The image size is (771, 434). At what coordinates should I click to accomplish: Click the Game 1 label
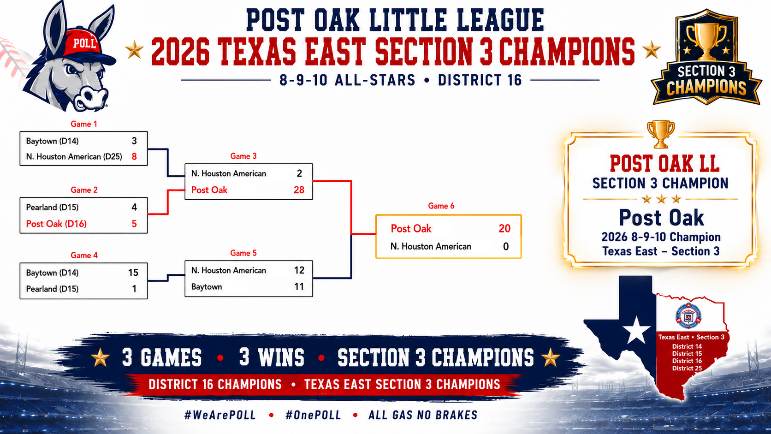(83, 124)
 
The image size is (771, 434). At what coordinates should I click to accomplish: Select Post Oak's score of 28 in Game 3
(299, 190)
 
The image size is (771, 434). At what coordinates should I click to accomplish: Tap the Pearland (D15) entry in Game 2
(52, 207)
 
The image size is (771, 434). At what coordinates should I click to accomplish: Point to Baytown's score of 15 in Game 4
(133, 273)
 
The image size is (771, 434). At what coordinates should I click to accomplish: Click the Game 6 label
(441, 206)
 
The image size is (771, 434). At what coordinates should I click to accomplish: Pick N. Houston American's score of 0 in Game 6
(506, 246)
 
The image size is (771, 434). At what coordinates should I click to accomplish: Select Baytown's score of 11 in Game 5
(299, 287)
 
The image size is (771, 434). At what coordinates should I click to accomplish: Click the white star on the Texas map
(636, 330)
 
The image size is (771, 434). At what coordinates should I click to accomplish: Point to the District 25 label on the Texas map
(687, 368)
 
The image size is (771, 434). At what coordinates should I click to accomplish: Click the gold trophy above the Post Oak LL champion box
(660, 134)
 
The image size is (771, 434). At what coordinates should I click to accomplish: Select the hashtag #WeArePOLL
(220, 415)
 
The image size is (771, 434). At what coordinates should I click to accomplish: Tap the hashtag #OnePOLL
(313, 415)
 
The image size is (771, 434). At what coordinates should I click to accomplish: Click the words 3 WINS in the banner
(272, 357)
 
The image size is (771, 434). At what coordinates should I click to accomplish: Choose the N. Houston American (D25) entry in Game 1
(74, 157)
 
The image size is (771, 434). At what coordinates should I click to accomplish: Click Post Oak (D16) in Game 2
(56, 224)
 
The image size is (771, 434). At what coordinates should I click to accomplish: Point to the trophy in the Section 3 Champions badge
(706, 41)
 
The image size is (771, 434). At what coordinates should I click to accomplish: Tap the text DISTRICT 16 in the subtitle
(480, 80)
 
